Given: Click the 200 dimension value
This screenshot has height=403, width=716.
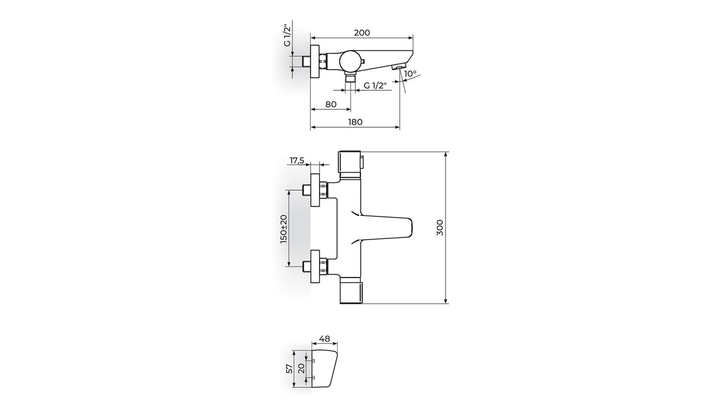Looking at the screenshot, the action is point(362,33).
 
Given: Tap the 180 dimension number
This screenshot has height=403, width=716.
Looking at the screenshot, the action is point(355,122).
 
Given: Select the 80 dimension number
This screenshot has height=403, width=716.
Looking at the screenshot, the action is point(331,104).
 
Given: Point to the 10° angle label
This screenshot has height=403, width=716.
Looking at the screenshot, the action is point(410,74).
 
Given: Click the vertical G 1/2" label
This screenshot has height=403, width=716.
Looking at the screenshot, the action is point(288,35).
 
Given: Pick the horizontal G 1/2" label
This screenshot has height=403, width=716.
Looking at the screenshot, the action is point(375,85).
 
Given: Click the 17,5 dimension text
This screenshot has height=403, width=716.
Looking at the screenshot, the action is point(297,160).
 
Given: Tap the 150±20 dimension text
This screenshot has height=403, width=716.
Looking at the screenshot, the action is point(284,229).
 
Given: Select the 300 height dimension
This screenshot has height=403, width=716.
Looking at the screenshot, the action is point(440,227).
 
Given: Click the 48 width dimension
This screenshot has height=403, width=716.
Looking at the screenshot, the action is point(325,339).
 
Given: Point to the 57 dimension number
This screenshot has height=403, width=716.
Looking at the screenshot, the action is point(290,368).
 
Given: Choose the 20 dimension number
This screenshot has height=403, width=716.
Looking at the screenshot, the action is point(302,369).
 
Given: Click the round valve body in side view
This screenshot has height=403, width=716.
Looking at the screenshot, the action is point(350,61).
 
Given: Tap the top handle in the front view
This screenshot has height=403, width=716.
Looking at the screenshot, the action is point(351,164).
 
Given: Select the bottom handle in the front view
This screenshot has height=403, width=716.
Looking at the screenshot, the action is point(351,290).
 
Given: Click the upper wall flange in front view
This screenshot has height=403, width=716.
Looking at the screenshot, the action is point(315,190).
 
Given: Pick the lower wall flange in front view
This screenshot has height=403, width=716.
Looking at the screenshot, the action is point(315,267).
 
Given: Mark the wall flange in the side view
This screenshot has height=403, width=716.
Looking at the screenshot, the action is point(315,61).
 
